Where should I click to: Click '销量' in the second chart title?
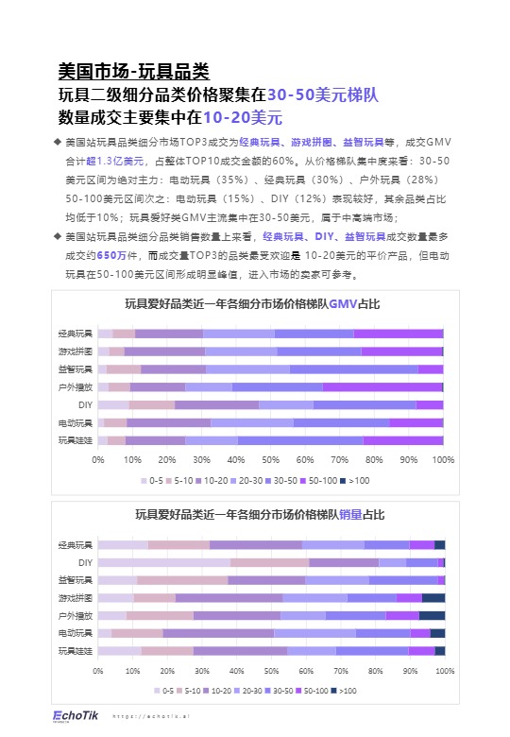click(348, 515)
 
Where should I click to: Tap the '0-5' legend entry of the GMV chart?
click(151, 482)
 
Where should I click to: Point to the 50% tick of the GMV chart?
click(270, 460)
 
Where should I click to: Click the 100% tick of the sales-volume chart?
click(444, 670)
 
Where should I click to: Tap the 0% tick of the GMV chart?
click(98, 460)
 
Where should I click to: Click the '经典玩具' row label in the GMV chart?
click(76, 334)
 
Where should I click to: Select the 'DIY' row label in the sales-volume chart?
click(85, 562)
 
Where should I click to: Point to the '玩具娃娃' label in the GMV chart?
click(76, 440)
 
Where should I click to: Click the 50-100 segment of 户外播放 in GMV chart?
click(382, 386)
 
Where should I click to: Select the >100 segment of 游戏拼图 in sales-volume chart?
click(433, 597)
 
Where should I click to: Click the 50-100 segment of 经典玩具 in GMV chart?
click(398, 334)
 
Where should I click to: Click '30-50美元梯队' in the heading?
click(322, 94)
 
